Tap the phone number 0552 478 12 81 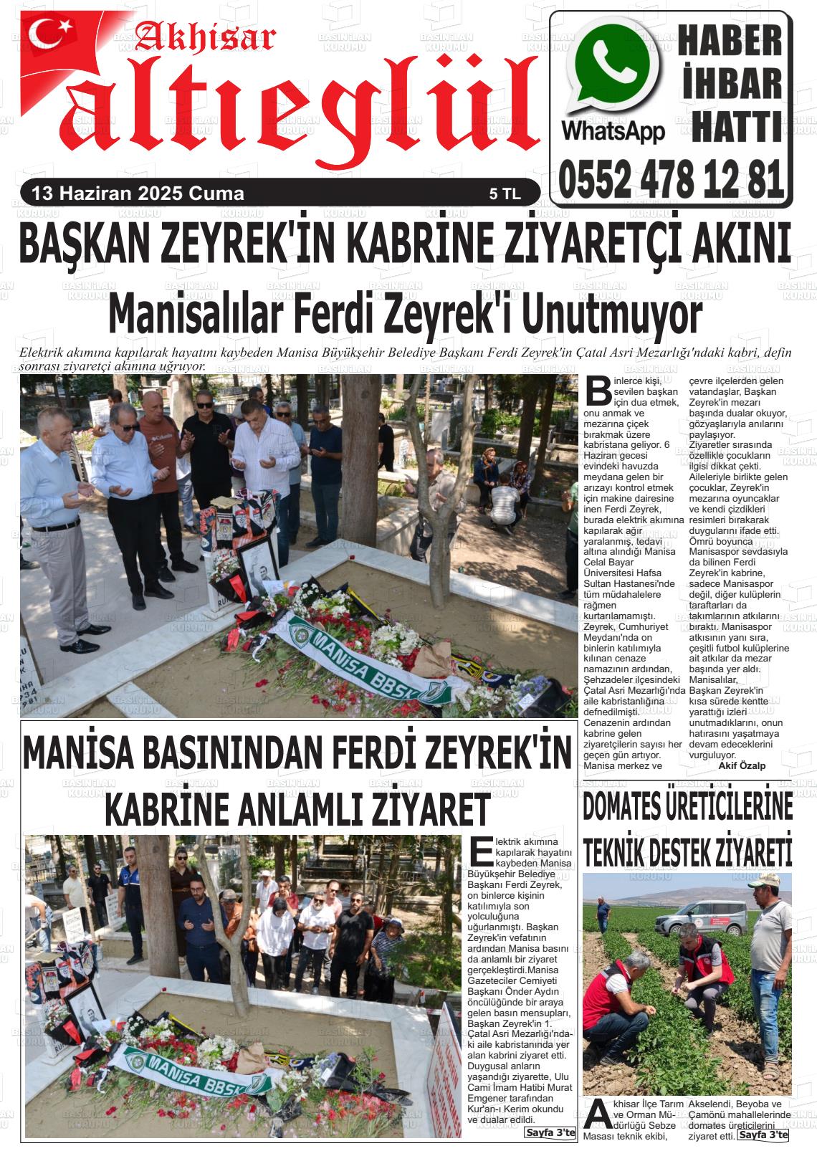672,178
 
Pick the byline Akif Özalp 741,765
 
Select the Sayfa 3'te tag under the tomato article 763,1135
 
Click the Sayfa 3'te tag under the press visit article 550,1132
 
